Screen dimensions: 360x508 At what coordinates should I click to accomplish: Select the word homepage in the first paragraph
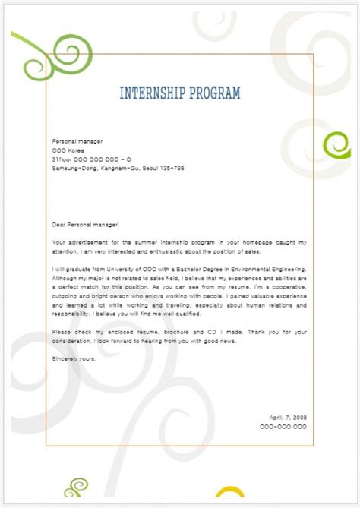(233, 241)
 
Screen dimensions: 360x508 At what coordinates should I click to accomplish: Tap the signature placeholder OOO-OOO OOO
(283, 427)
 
